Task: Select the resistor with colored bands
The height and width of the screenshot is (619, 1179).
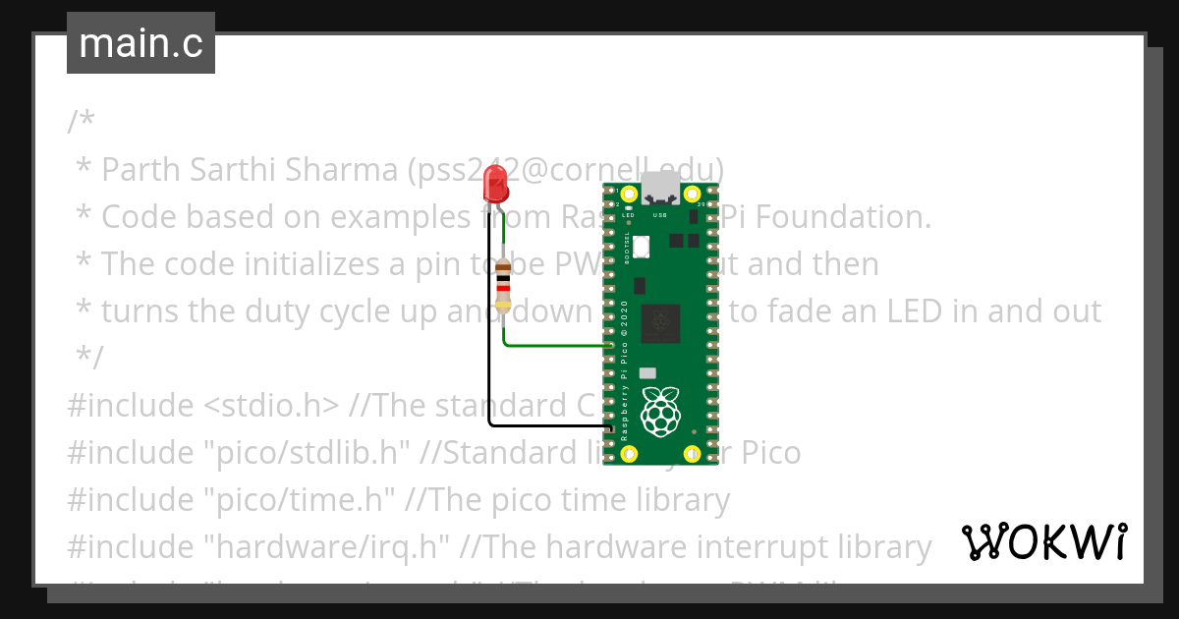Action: pos(504,285)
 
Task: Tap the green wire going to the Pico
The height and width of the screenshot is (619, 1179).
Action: pos(555,345)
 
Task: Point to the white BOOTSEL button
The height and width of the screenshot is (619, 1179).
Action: pos(641,247)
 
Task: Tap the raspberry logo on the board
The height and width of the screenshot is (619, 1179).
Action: pos(660,412)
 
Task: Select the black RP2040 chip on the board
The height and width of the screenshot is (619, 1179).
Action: pos(660,324)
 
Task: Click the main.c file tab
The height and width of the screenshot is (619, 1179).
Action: pos(140,43)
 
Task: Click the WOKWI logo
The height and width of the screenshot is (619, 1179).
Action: pos(1043,542)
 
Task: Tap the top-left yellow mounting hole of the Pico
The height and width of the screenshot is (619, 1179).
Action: pos(629,193)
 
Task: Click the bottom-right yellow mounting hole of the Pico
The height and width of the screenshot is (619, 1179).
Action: pos(692,454)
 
